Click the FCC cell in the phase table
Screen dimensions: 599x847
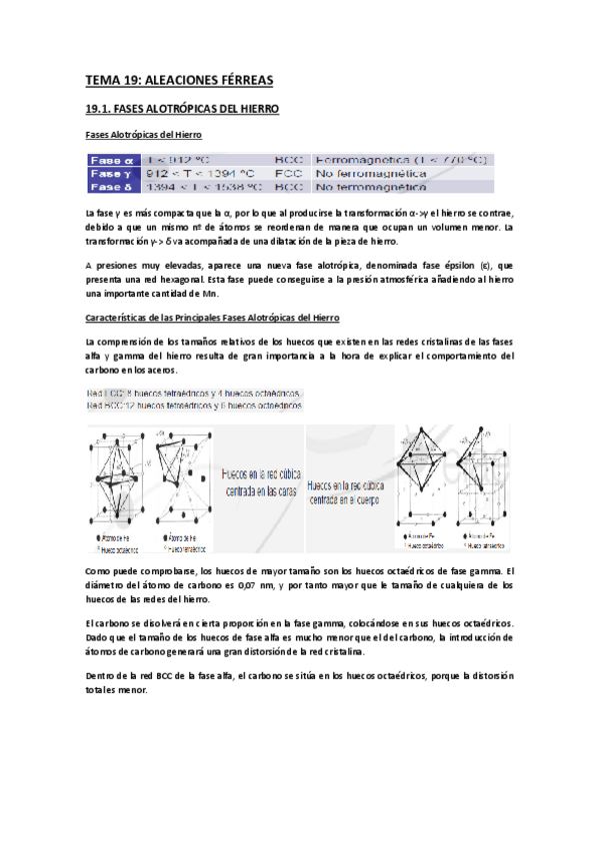pos(289,173)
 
